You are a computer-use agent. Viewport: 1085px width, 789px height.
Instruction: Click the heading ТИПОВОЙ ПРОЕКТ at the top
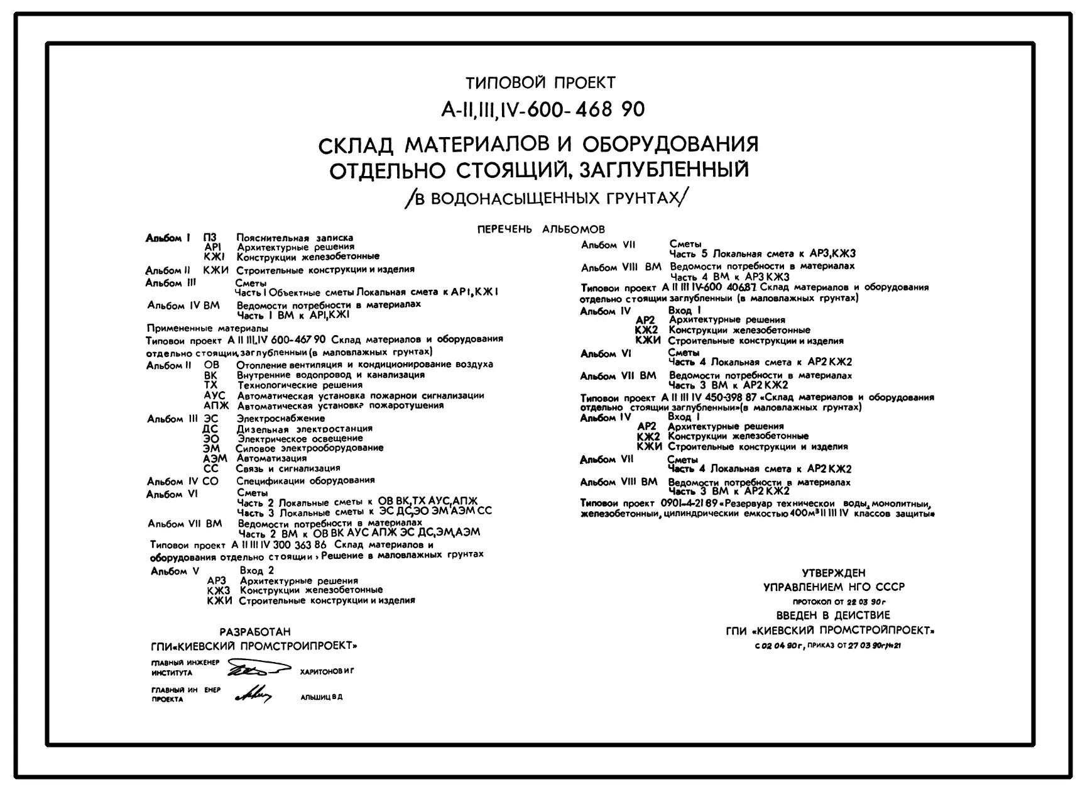point(540,83)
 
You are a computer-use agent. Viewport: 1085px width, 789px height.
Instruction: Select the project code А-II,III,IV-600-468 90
point(543,109)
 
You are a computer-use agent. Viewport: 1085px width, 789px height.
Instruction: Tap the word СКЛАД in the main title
point(356,146)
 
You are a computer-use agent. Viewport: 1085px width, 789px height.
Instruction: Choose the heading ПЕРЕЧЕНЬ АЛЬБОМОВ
point(541,229)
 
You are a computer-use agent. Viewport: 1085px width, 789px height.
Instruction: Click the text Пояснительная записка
point(295,238)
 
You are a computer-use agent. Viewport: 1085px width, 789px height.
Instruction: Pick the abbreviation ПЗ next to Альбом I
point(210,238)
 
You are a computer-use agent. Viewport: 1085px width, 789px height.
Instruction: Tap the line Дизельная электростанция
point(305,429)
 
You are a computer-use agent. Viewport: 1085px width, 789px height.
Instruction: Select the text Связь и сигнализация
point(288,468)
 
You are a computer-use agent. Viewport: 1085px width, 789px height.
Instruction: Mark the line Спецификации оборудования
point(305,480)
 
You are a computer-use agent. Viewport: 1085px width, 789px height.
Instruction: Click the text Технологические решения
point(300,385)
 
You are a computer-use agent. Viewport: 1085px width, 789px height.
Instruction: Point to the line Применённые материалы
point(207,328)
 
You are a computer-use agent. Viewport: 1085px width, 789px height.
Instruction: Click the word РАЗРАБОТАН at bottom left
point(255,632)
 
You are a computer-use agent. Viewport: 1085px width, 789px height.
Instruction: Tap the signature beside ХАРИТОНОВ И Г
point(256,668)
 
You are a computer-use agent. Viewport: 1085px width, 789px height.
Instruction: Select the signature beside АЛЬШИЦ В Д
point(253,694)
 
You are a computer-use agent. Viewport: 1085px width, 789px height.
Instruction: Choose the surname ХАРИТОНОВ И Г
point(327,671)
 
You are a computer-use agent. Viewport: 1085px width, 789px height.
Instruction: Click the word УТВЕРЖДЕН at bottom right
point(834,573)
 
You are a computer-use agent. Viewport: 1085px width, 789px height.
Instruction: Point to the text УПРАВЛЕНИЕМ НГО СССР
point(834,587)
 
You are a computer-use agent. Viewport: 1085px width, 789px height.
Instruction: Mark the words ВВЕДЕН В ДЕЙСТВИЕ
point(833,615)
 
